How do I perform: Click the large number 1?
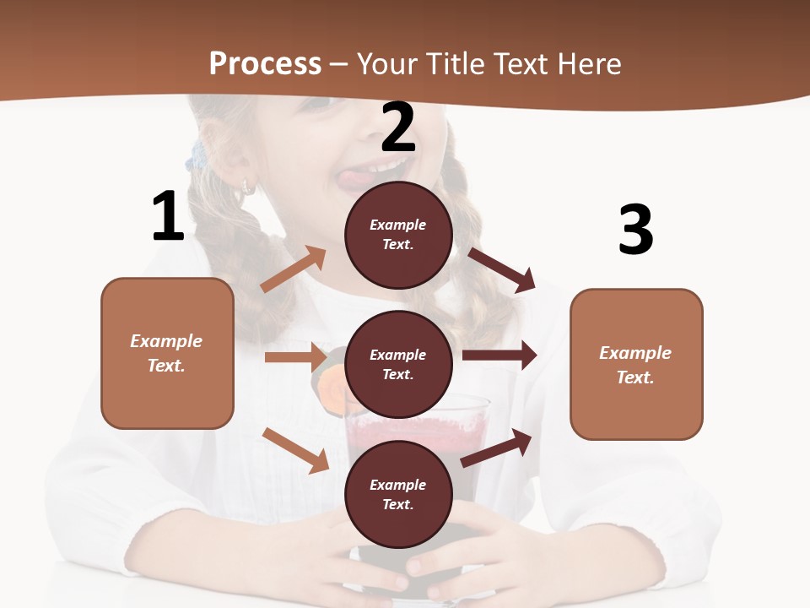click(168, 217)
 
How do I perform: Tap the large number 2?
click(398, 128)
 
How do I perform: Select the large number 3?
click(635, 230)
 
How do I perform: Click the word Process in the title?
click(265, 63)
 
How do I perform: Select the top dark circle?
click(398, 235)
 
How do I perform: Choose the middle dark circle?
click(398, 364)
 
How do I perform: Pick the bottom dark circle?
click(398, 494)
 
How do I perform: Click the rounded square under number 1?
click(167, 353)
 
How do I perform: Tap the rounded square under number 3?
click(636, 364)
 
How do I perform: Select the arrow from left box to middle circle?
click(295, 357)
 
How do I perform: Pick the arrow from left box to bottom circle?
click(296, 450)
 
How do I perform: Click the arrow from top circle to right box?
click(502, 269)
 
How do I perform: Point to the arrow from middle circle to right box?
click(499, 355)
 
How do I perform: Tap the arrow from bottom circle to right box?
click(497, 448)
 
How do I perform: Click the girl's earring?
click(249, 186)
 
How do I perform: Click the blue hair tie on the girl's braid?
click(198, 157)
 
